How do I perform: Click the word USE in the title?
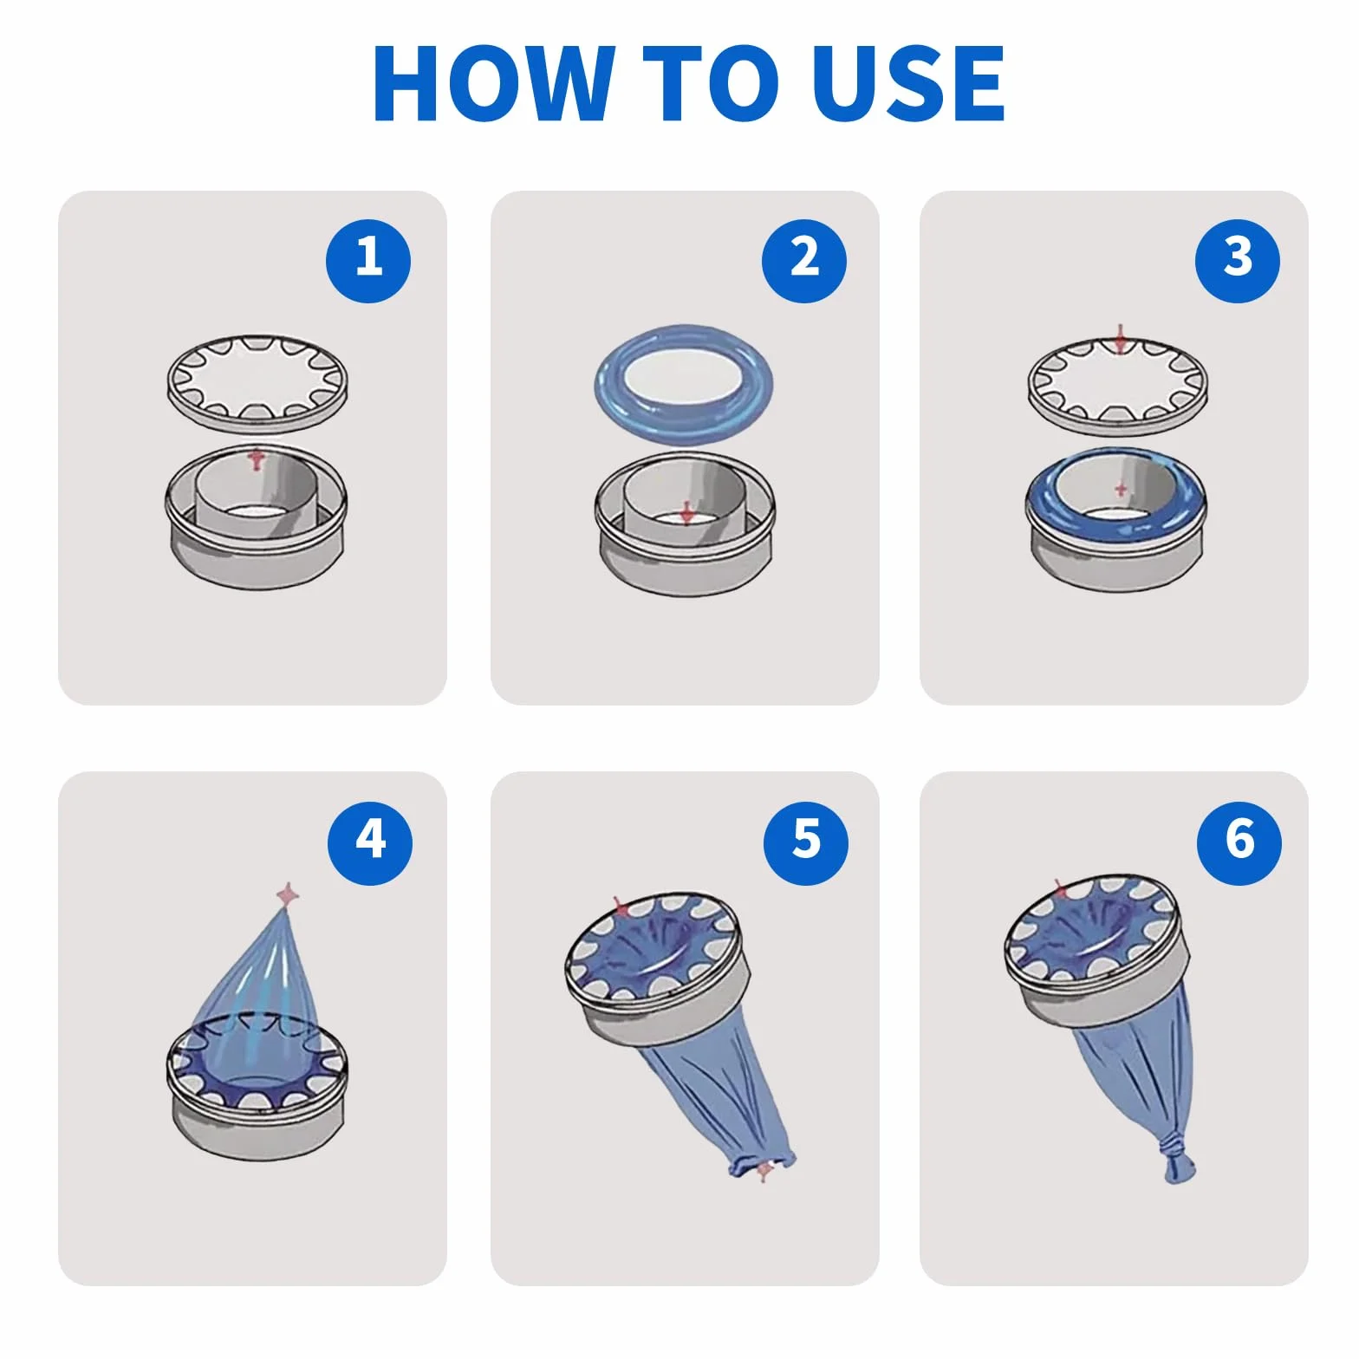(x=909, y=82)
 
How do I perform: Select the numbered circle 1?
(x=368, y=260)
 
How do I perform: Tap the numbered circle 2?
(x=804, y=260)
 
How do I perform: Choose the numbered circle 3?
(x=1237, y=260)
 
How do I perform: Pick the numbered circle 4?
(x=370, y=842)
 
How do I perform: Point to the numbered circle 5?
(x=806, y=842)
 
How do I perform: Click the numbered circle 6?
(x=1239, y=842)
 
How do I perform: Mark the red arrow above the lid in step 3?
(x=1121, y=339)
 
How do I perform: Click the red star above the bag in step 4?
(x=287, y=894)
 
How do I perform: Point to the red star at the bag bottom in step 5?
(x=764, y=1172)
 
